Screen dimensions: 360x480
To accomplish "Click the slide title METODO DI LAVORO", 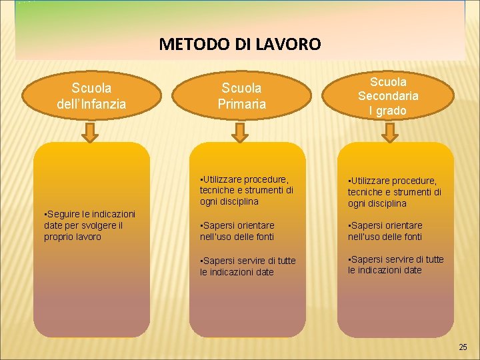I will (240, 45).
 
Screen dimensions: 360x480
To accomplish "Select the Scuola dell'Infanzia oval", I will (92, 96).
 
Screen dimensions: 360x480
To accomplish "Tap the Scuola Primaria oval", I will (241, 96).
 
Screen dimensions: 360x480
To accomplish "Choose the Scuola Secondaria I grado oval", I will (388, 96).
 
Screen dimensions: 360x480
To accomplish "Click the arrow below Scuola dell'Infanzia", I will (92, 135).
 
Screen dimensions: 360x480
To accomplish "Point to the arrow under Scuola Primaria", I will (241, 135).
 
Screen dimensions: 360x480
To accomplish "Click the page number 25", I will (463, 347).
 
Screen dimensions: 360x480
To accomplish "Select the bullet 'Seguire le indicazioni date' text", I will (89, 225).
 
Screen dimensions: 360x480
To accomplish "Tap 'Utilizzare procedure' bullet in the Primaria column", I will (246, 190).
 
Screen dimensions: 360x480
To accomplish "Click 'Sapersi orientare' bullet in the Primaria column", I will (237, 231).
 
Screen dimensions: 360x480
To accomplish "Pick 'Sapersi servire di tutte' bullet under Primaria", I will (247, 266).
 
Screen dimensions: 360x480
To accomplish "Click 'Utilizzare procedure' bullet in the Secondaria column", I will (394, 192).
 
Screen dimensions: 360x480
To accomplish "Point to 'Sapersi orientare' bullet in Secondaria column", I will (385, 231).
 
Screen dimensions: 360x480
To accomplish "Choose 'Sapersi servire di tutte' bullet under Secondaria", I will (395, 265).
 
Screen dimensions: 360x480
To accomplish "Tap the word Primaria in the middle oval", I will (241, 104).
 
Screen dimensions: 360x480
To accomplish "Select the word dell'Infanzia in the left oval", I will (92, 104).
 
